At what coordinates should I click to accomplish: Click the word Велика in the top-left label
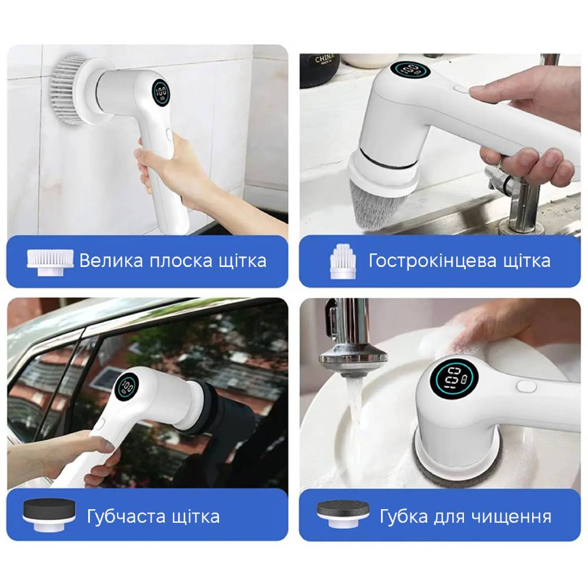click(x=111, y=260)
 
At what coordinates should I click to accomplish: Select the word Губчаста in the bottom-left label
click(x=126, y=517)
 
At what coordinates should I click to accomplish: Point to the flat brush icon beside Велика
click(x=50, y=262)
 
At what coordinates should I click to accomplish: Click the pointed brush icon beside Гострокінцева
click(x=342, y=262)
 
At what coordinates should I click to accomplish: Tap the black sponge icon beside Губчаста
click(x=49, y=514)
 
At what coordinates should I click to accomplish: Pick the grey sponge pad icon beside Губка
click(x=343, y=514)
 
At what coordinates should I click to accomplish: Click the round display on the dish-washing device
click(x=454, y=377)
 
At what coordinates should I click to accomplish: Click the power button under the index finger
click(x=460, y=89)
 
